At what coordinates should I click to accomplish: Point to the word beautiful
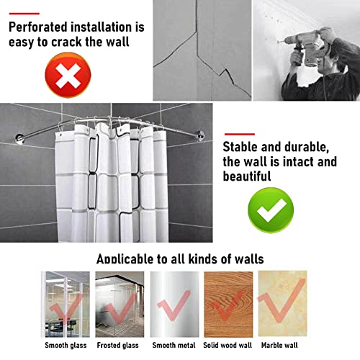(248, 176)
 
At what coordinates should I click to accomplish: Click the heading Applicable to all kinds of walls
(179, 258)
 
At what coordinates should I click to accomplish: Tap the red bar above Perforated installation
(24, 12)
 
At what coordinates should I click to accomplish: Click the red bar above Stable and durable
(239, 134)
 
